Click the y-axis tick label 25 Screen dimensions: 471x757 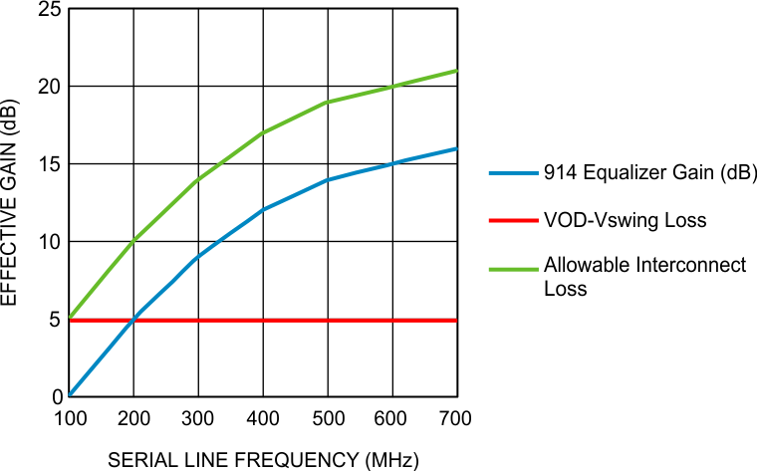pyautogui.click(x=47, y=11)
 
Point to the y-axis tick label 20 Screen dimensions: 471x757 pyautogui.click(x=47, y=87)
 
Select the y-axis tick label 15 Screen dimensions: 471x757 pyautogui.click(x=47, y=164)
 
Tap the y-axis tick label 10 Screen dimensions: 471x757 pyautogui.click(x=47, y=242)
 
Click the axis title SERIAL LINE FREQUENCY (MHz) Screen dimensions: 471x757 pyautogui.click(x=264, y=459)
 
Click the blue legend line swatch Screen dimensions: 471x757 pyautogui.click(x=513, y=172)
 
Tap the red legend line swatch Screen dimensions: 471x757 pyautogui.click(x=513, y=220)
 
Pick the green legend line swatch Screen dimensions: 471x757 pyautogui.click(x=513, y=266)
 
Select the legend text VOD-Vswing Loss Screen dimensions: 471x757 pyautogui.click(x=625, y=220)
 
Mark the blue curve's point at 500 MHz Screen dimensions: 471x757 pyautogui.click(x=328, y=179)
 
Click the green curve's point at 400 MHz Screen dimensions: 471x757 pyautogui.click(x=263, y=132)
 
